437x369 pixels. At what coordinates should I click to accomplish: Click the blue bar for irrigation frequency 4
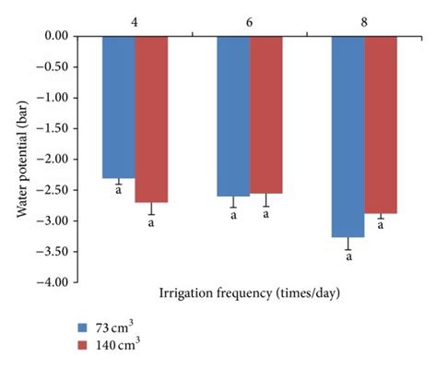coord(118,106)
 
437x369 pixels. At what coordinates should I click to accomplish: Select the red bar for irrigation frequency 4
coord(151,118)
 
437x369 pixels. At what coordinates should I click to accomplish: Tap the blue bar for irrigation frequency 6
coord(233,115)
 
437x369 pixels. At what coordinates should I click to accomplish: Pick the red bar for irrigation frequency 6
coord(266,113)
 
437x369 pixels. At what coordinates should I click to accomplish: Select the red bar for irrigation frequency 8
coord(380,125)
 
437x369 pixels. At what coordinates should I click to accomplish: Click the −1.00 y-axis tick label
coord(54,98)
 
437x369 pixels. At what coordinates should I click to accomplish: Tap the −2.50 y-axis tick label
coord(54,190)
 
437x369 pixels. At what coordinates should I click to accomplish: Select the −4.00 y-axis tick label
coord(54,282)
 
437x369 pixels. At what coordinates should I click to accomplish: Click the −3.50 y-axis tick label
coord(54,251)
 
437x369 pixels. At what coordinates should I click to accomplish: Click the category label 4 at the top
coord(135,18)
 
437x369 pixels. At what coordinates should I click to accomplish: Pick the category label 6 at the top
coord(249,18)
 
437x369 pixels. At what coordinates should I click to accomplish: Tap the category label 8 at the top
coord(364,18)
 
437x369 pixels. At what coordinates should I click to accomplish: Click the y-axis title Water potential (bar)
coord(20,158)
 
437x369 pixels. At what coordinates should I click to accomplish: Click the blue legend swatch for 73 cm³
coord(82,327)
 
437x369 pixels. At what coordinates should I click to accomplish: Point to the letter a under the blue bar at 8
coord(348,258)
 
